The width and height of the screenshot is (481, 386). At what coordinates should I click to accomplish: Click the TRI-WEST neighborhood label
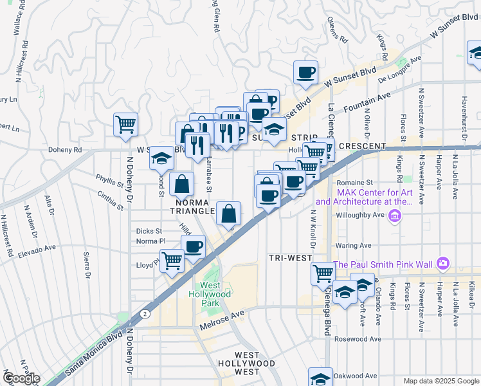[290, 257]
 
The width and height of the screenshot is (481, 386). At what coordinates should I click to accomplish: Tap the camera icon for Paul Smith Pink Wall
[442, 264]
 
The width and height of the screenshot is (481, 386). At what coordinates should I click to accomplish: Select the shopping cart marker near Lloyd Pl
[172, 261]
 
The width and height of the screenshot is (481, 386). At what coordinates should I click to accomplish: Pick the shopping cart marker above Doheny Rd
[125, 124]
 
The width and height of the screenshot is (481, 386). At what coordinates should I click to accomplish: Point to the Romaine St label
[354, 183]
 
